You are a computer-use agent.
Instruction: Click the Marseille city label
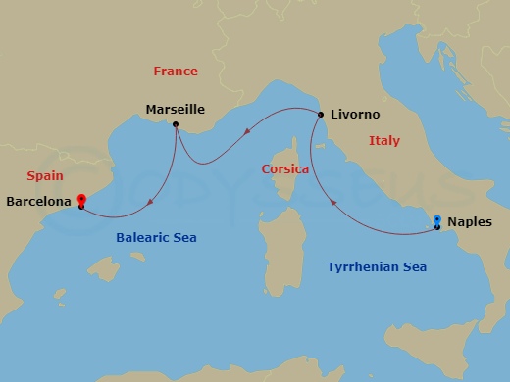point(175,110)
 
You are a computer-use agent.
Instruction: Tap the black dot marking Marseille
point(175,124)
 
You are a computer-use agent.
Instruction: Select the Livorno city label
point(355,114)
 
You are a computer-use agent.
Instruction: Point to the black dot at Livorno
point(321,115)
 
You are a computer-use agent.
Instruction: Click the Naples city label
point(469,222)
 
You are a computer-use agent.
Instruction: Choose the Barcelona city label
point(37,202)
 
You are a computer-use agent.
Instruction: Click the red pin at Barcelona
point(80,199)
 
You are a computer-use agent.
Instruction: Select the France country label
point(176,71)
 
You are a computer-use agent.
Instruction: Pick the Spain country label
point(45,176)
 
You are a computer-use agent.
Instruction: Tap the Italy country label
point(383,141)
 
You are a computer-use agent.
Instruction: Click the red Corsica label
point(286,168)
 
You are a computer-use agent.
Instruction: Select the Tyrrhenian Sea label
point(377,266)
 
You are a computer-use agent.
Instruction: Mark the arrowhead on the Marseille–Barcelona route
point(149,203)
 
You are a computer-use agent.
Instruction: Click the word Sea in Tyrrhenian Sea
point(412,266)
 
